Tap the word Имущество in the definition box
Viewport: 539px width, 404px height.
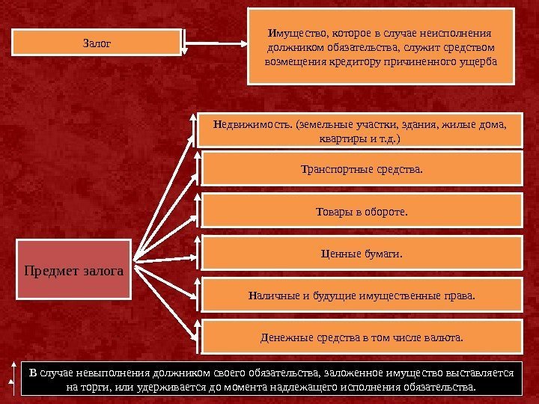(292, 34)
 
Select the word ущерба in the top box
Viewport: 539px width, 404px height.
(475, 60)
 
